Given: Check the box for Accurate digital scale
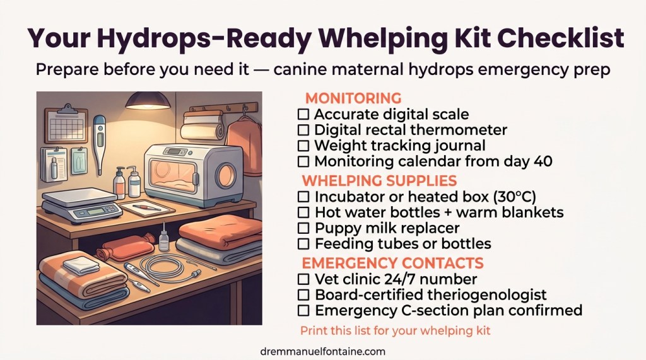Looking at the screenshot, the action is point(303,114).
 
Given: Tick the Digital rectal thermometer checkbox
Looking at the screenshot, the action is point(303,130).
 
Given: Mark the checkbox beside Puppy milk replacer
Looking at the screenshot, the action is point(303,228).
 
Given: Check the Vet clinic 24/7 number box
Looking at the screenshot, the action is point(303,279).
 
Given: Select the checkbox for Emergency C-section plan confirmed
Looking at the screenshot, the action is point(303,310).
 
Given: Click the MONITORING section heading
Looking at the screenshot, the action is point(353,98).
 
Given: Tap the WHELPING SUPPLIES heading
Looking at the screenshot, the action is point(379,180).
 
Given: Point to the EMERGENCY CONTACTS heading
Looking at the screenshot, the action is point(392,263).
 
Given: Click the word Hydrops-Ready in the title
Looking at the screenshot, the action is point(204,38).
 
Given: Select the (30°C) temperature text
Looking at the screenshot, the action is point(515,197).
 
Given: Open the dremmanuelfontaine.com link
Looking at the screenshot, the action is point(323,351).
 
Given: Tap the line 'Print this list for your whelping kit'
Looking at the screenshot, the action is point(396,330).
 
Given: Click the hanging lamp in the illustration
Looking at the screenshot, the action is point(148,102).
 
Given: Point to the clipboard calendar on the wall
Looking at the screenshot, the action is point(66,124).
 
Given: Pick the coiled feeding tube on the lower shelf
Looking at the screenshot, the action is point(169,269).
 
